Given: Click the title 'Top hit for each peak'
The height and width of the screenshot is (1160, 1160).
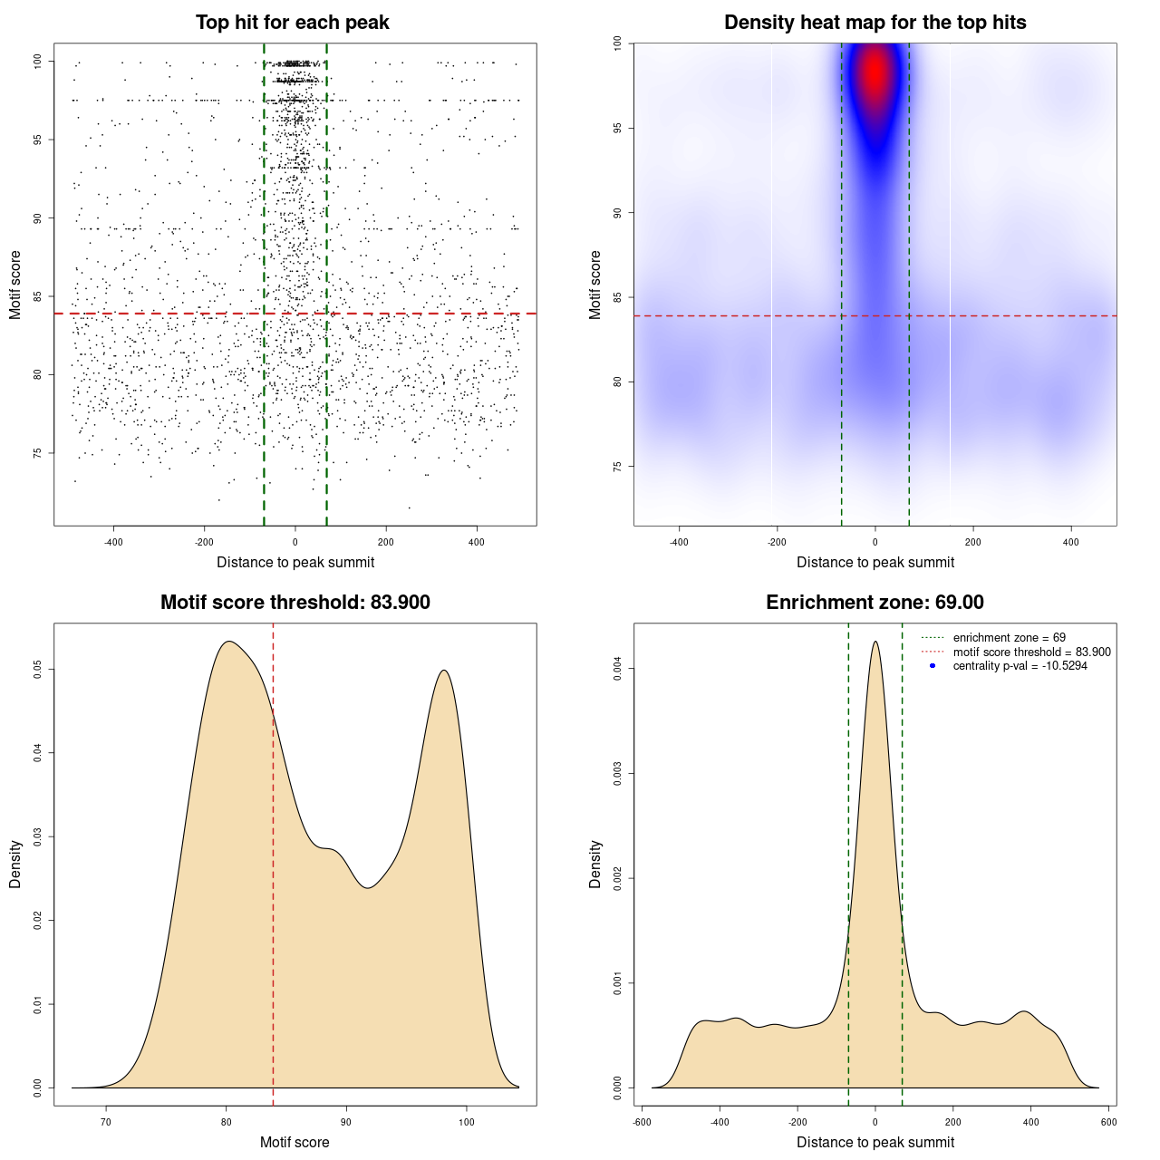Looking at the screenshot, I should point(293,23).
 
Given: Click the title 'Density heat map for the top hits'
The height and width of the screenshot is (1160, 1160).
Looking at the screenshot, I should point(875,23).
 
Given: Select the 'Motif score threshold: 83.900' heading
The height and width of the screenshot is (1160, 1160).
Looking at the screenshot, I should point(295,603).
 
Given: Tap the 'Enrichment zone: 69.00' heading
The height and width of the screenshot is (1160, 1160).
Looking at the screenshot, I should point(875,603).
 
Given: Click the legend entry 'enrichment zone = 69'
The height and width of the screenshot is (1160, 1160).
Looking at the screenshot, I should point(1009,638).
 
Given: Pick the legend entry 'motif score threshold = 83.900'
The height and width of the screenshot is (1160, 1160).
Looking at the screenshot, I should point(1031,652).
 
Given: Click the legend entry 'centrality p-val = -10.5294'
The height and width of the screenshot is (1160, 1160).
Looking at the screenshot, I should point(1020,666).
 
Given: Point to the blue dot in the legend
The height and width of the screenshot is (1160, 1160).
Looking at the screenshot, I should point(933,666).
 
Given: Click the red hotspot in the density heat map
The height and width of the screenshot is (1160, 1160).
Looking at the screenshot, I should point(875,72).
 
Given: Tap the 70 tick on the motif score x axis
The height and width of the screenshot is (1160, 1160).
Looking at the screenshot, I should point(106,1122).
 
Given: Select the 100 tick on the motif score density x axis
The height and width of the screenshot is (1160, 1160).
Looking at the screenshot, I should point(467,1122).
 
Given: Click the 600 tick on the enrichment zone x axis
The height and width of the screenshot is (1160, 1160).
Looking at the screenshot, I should point(1108,1122).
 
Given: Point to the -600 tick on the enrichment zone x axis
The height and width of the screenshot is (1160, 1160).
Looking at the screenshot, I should point(642,1122).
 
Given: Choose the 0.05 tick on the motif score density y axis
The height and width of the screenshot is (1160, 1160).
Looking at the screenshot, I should point(37,669).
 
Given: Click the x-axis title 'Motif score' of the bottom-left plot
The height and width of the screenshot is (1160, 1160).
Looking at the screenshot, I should point(295,1142).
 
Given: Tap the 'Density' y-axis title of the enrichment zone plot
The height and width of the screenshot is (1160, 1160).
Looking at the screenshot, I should point(595,864).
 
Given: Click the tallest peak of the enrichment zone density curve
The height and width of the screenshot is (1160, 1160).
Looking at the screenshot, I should point(875,643).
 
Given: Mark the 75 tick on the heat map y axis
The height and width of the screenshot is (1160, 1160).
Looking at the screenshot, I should point(617,466).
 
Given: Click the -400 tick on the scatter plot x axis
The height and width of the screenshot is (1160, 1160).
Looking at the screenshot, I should point(113,542).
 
